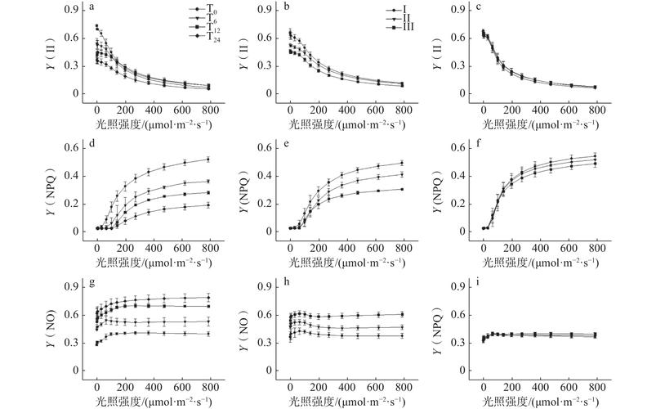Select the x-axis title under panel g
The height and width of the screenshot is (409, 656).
pyautogui.click(x=153, y=400)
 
